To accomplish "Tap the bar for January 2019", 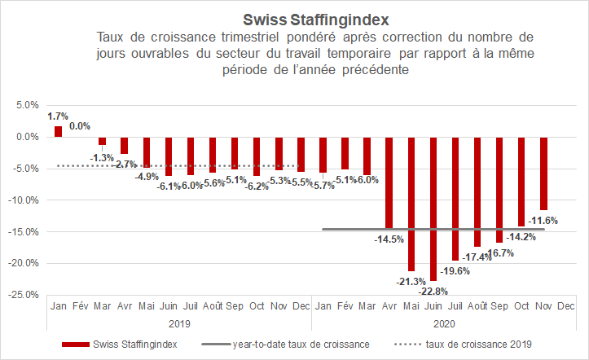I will coord(59,131).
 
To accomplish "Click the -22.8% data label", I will coord(433,291).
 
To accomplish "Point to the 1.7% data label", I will coord(57,116).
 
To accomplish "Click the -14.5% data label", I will coord(389,239).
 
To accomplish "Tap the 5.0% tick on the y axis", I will coord(28,105).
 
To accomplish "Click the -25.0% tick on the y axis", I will coord(25,294).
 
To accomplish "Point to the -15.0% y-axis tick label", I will coord(25,231).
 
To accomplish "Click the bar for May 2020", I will coord(411,204).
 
